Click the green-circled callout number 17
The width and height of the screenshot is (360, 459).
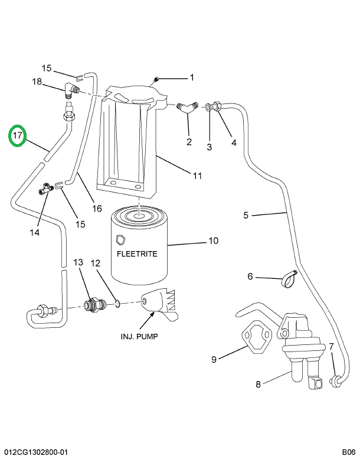point(18,136)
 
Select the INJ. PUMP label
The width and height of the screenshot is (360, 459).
point(140,337)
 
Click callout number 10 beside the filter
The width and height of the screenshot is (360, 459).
point(212,240)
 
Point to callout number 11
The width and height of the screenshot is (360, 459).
point(197,175)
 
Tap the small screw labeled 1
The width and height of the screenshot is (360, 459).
point(156,79)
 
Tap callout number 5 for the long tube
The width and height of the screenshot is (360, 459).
point(246,215)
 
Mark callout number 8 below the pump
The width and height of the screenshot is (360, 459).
point(258,385)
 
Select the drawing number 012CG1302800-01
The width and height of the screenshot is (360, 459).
point(35,452)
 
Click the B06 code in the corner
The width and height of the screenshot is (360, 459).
point(348,452)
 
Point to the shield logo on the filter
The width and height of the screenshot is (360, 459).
point(120,239)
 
